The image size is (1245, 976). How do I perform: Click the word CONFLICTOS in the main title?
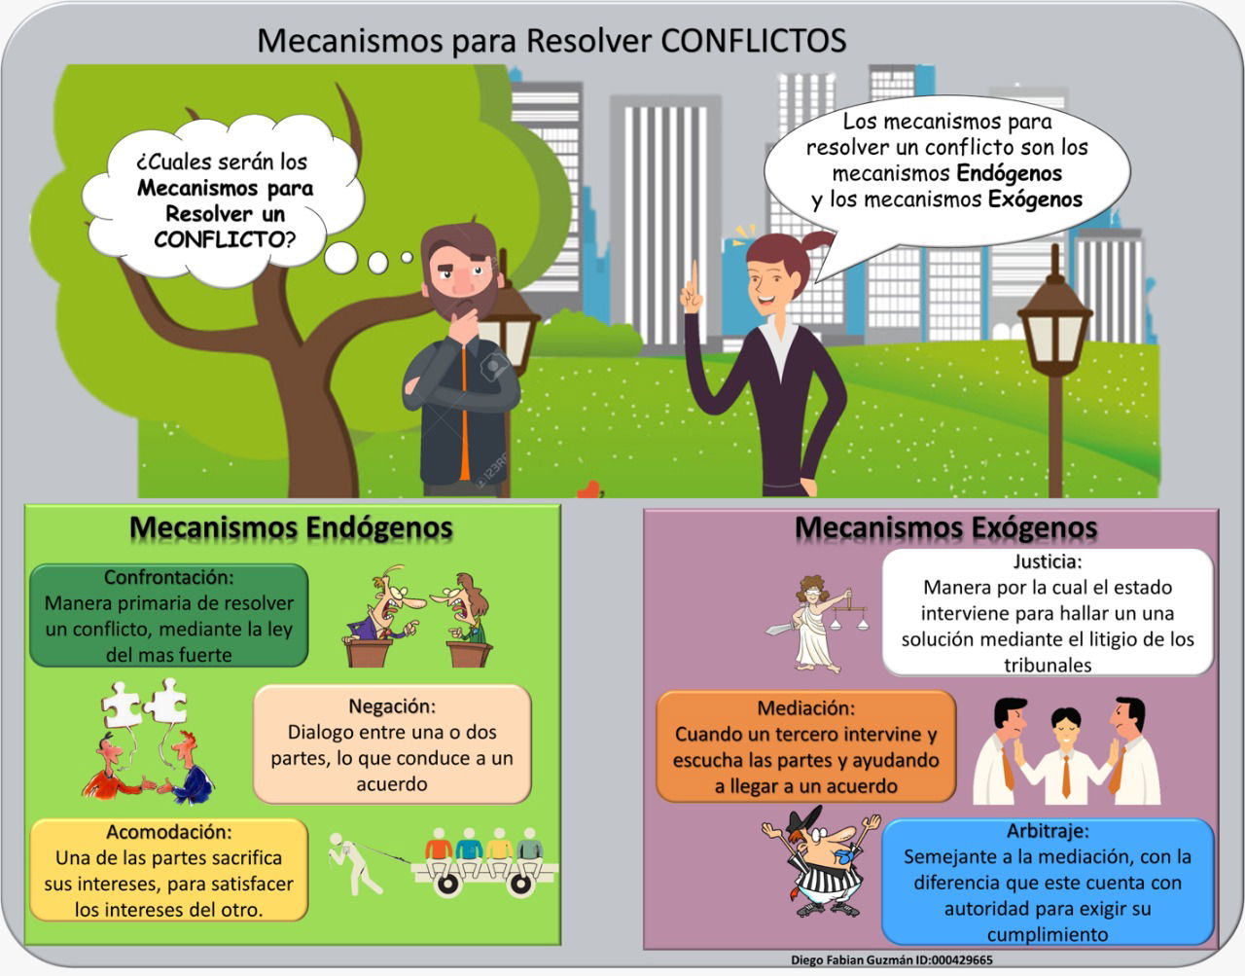coord(754,41)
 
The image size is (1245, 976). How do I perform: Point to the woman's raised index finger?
coord(694,279)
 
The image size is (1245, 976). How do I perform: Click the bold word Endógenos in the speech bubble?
coord(1009,173)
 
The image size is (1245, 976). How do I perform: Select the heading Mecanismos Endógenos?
coord(291,527)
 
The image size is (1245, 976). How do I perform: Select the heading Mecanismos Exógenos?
coord(946,527)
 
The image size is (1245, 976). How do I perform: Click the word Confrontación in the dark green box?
coord(169,577)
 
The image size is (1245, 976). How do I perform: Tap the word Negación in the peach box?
coord(392,706)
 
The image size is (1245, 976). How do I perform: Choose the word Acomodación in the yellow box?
coord(169,832)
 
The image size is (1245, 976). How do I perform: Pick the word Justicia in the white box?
coord(1048,561)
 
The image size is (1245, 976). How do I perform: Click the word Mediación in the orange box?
coord(805,708)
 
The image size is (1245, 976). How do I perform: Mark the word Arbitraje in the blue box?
coord(1048,830)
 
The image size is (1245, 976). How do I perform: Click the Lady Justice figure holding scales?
coord(816,624)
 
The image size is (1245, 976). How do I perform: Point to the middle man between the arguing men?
coord(1066,755)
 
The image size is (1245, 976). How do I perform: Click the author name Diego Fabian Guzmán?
coord(857,960)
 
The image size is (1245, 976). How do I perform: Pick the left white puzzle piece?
coord(121,705)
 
